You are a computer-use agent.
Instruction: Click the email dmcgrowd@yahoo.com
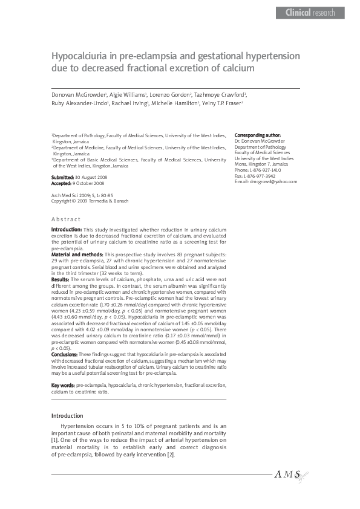272,181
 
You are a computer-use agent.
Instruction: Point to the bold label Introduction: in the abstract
66,230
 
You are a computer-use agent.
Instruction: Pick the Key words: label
63,385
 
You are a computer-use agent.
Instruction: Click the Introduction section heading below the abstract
67,416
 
